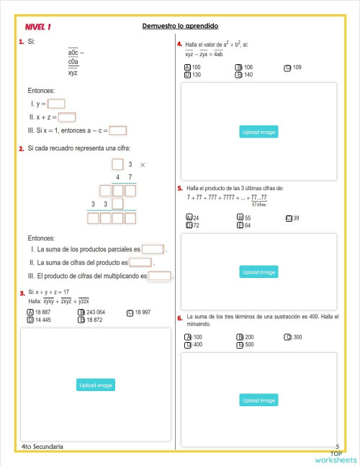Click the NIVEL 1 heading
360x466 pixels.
click(x=38, y=27)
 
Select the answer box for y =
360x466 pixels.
click(x=56, y=103)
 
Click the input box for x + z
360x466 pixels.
click(x=67, y=117)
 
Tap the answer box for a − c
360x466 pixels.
click(x=118, y=130)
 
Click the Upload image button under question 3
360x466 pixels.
click(x=96, y=385)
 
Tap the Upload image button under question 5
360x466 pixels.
click(x=258, y=272)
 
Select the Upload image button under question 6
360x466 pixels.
click(x=258, y=400)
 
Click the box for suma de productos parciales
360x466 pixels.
click(x=153, y=249)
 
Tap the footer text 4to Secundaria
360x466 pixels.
click(x=42, y=447)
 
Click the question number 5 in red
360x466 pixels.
click(x=179, y=188)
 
